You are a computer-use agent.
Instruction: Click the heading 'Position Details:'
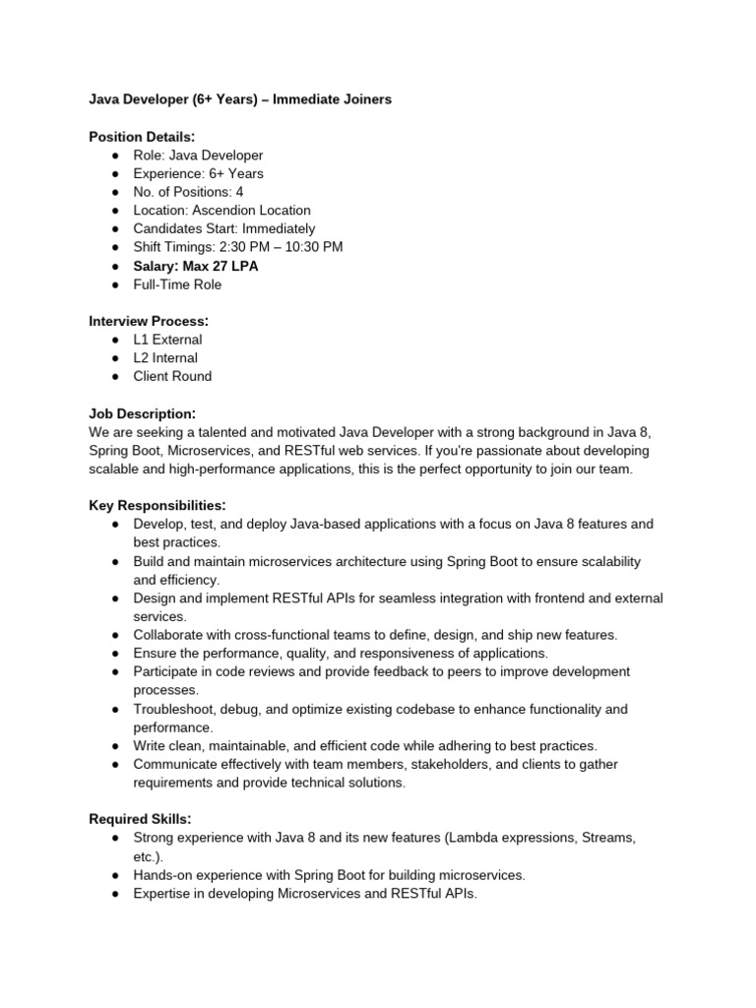point(142,136)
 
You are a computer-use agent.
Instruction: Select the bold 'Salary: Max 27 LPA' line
point(196,266)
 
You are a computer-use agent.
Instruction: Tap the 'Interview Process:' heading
point(149,321)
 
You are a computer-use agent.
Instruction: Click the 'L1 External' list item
point(168,340)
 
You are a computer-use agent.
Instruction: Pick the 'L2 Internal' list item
point(165,358)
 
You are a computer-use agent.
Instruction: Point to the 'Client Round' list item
point(172,376)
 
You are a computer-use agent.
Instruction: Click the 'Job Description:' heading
point(143,413)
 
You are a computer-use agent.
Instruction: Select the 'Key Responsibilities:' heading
point(157,505)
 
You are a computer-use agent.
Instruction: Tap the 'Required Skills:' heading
point(140,819)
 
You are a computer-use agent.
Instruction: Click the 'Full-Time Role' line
point(178,284)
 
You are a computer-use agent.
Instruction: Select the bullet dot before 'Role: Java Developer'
point(115,156)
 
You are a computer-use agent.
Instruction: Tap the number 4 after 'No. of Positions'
point(239,192)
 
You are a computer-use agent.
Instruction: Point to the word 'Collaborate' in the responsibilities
point(169,635)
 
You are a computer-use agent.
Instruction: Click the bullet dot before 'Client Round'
point(115,377)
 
